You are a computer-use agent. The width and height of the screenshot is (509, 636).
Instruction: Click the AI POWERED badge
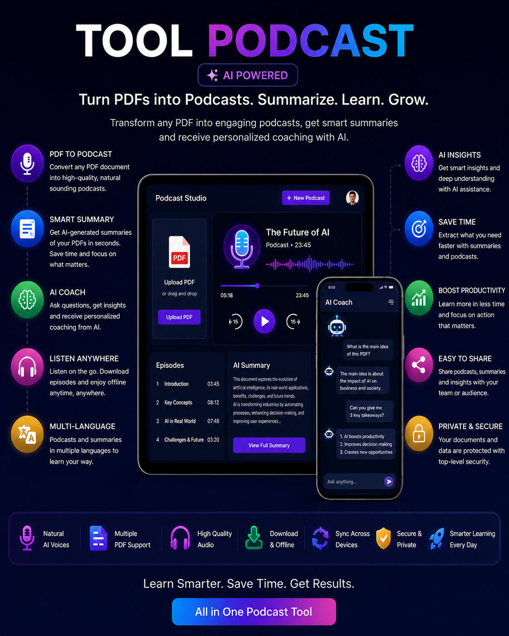coord(248,75)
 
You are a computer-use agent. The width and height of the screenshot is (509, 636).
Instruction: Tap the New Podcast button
coord(306,198)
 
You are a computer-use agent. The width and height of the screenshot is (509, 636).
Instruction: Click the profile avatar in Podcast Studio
coord(352,198)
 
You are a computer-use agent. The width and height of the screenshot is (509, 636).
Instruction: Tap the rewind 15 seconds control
coord(235,321)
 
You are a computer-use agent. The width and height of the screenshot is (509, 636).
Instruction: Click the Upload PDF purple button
coord(179,317)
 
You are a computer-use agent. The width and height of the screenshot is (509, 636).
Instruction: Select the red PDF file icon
coord(180,252)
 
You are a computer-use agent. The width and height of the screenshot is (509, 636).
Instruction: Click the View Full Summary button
coord(269,445)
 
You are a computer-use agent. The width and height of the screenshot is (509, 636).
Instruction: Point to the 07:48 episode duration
coord(213,421)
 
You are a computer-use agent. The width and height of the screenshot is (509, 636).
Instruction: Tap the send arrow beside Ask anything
coord(389,482)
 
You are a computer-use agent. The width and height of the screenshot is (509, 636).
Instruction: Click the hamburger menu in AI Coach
coord(391,302)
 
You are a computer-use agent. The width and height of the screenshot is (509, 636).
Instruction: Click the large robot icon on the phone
coord(337,326)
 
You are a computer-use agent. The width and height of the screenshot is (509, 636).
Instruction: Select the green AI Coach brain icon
coord(27,299)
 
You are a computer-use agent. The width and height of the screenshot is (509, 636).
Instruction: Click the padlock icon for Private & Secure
coord(419,434)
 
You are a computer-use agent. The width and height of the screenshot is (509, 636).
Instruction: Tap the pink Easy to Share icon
coord(419,365)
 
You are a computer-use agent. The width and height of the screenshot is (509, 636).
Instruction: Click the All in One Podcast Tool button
coord(254,612)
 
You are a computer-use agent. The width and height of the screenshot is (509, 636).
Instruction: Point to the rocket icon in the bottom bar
coord(437,538)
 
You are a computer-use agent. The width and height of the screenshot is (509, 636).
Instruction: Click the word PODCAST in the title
coord(310,40)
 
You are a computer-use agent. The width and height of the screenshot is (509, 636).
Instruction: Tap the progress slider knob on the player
coord(257,286)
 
